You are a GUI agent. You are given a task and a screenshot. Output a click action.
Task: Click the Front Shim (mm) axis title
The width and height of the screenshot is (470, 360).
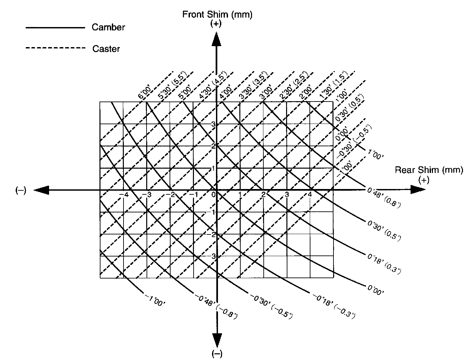coord(217,14)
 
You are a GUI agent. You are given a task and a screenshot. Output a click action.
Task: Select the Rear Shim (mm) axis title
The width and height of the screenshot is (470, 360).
coord(429,170)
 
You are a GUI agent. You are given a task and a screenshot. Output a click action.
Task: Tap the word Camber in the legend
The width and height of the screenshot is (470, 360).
coord(108,27)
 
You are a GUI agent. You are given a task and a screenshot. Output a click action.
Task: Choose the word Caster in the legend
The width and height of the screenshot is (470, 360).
coord(106,49)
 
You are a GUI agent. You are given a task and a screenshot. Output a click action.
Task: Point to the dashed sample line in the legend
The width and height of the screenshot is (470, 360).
coord(55,48)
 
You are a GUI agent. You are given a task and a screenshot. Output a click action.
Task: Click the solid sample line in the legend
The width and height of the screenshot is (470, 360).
coord(55,27)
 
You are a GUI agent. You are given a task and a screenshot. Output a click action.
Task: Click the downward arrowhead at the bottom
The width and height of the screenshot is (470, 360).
coord(217,340)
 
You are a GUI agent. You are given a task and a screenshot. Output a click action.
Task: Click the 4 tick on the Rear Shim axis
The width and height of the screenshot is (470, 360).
coord(310,195)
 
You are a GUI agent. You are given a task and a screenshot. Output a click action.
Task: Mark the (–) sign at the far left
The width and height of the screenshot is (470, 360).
coord(20,190)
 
